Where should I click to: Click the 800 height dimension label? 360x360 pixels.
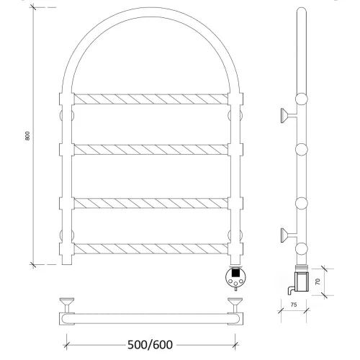[27, 136]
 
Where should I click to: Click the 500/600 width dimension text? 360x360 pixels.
[150, 345]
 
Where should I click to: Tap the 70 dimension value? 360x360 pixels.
[318, 282]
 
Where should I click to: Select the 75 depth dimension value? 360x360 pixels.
[294, 305]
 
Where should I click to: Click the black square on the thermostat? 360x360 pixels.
[235, 272]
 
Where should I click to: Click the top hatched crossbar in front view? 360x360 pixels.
[150, 99]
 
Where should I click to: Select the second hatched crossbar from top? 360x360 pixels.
[150, 150]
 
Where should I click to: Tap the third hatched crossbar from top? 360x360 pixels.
[150, 203]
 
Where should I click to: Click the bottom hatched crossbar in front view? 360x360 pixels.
[150, 248]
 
